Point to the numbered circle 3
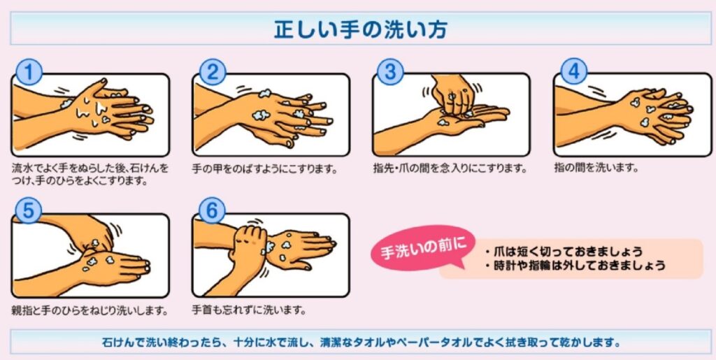pyautogui.click(x=391, y=72)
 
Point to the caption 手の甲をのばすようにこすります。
pyautogui.click(x=265, y=168)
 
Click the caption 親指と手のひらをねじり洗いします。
pyautogui.click(x=89, y=309)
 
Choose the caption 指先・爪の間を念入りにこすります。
pyautogui.click(x=450, y=168)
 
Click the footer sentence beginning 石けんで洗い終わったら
pyautogui.click(x=358, y=343)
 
